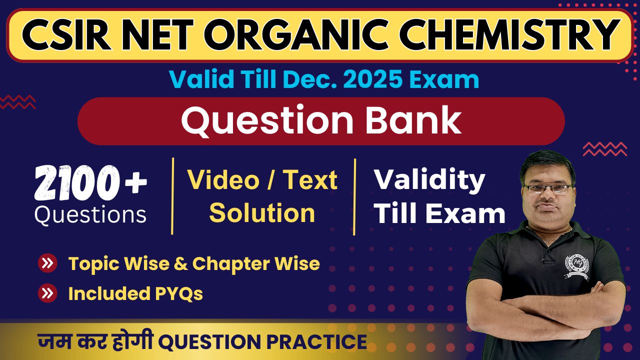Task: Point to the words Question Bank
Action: point(321,120)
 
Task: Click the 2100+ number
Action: point(90,183)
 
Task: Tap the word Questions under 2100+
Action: point(90,215)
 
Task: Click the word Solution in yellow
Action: point(262,213)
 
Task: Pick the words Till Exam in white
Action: point(439,213)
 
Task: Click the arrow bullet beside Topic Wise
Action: point(47,263)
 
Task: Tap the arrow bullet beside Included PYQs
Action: point(47,293)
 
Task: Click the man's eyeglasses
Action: point(549,188)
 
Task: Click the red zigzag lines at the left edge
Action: point(17,102)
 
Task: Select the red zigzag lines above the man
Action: point(604,148)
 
